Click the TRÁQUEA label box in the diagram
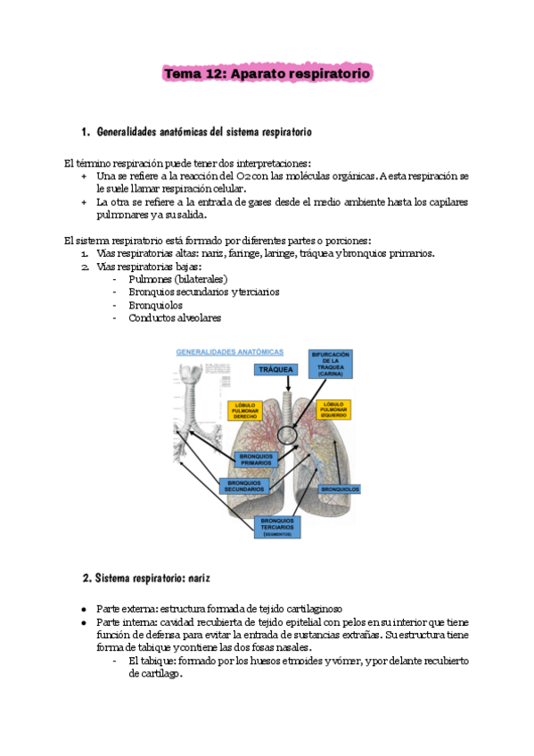[x=276, y=369]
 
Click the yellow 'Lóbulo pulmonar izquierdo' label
[x=333, y=409]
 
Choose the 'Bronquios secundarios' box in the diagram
[x=243, y=486]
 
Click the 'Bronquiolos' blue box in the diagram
[x=340, y=489]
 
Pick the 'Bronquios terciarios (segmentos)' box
[x=279, y=527]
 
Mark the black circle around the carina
[x=289, y=434]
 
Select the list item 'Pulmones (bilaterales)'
[x=170, y=279]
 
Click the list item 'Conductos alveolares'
[x=175, y=317]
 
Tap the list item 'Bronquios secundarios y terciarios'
[x=203, y=292]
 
